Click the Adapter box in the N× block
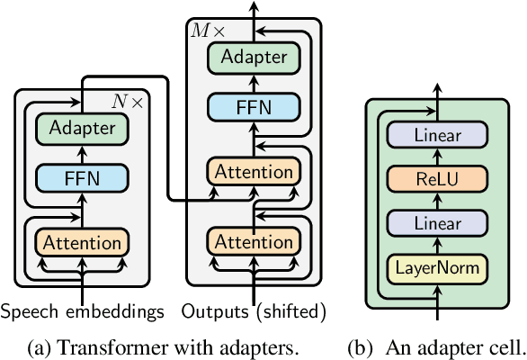coord(83,129)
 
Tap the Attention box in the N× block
coord(83,242)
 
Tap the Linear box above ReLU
coord(437,135)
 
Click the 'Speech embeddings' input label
coord(83,312)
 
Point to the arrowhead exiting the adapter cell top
coord(437,90)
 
